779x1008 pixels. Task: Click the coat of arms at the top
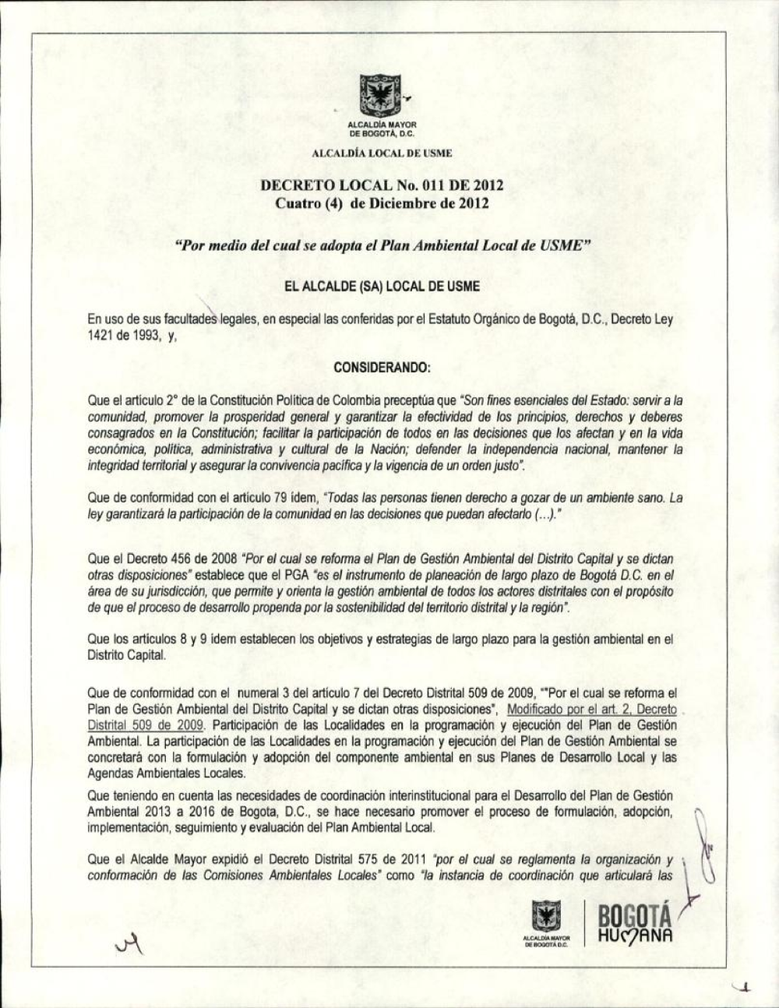click(x=381, y=95)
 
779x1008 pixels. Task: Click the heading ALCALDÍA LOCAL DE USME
click(x=382, y=153)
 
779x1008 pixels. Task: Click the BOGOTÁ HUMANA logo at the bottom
click(x=634, y=924)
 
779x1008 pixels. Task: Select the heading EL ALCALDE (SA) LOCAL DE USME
click(x=382, y=287)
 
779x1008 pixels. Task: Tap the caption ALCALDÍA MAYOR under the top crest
click(x=382, y=125)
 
